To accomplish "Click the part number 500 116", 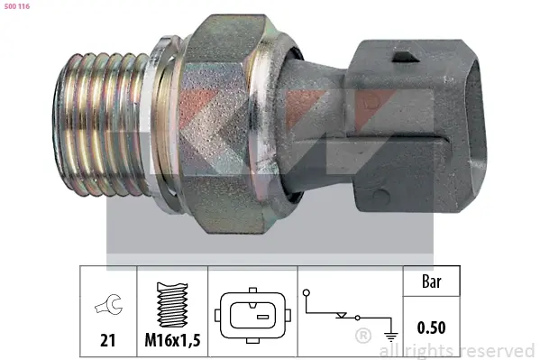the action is coord(17,6).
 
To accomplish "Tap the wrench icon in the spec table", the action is coord(109,304).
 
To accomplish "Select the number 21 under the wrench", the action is coord(108,340).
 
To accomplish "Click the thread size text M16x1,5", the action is coord(172,340).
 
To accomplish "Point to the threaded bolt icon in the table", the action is coord(172,304).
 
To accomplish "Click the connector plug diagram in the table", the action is coord(252,315).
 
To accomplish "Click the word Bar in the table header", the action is coord(431,282).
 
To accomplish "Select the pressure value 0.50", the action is coord(431,328).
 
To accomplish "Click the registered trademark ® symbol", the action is coord(363,336).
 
